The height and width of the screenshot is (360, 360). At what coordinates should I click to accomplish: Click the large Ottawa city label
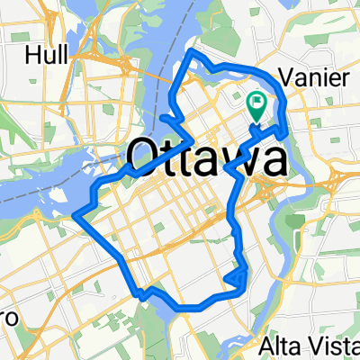pyautogui.click(x=207, y=158)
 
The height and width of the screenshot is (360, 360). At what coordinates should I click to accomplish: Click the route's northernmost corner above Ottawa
pyautogui.click(x=191, y=56)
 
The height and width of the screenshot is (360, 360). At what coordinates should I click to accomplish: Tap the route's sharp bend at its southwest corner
pyautogui.click(x=139, y=293)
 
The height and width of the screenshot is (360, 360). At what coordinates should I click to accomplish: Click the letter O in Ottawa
pyautogui.click(x=146, y=158)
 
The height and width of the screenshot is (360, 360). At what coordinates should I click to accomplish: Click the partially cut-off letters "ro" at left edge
pyautogui.click(x=5, y=319)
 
